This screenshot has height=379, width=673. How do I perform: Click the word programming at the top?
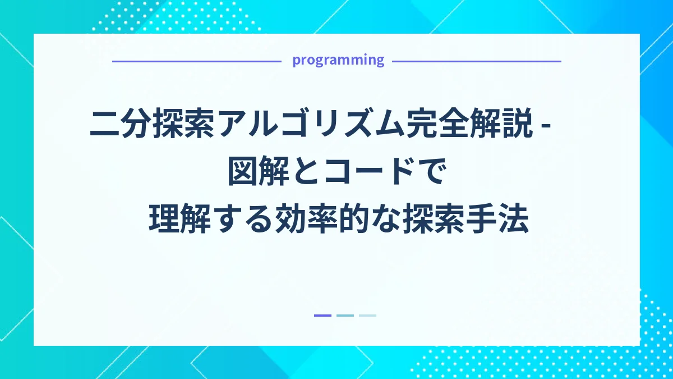(x=338, y=60)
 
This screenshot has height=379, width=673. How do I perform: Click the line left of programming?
(x=196, y=61)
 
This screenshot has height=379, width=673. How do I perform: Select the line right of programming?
(x=476, y=61)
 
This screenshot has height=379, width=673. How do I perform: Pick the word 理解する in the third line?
(x=210, y=219)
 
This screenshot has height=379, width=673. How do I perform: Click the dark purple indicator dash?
(x=322, y=316)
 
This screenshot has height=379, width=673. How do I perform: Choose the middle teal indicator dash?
(x=345, y=316)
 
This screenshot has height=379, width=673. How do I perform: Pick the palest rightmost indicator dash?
(x=367, y=316)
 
